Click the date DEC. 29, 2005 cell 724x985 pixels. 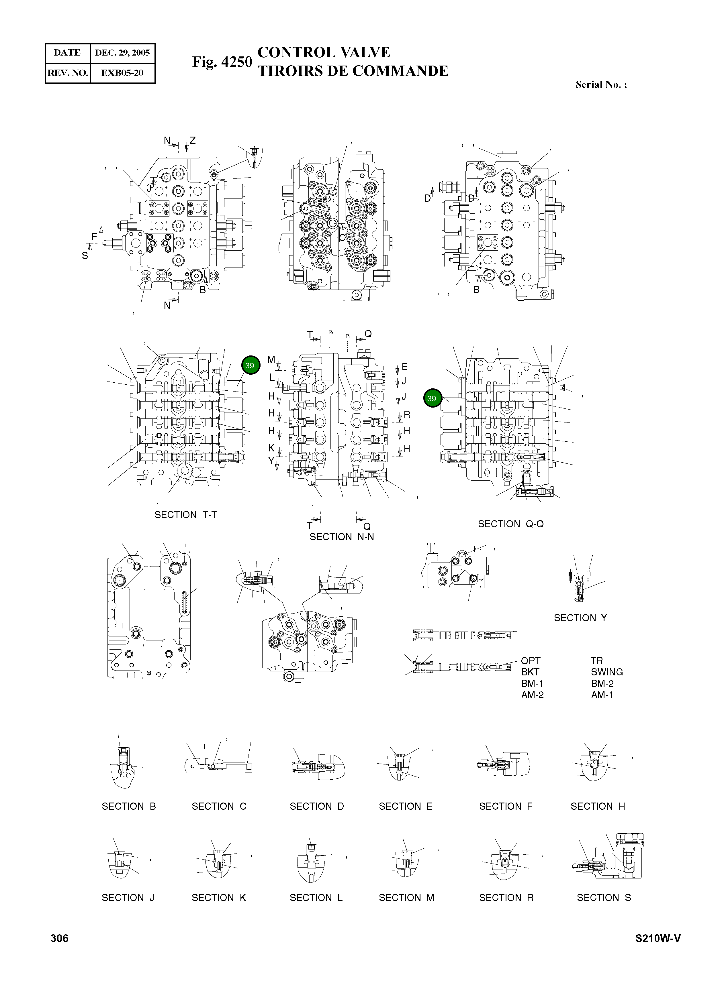point(122,53)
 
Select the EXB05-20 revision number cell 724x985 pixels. point(122,73)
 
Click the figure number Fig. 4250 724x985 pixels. point(222,62)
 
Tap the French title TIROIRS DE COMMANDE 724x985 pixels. point(353,71)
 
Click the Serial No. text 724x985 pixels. point(601,85)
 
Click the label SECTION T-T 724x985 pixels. point(185,515)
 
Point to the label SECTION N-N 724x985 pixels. point(342,537)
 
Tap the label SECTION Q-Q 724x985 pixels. point(510,524)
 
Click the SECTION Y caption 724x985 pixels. point(580,618)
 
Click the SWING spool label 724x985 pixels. point(606,672)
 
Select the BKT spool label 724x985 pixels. point(530,672)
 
